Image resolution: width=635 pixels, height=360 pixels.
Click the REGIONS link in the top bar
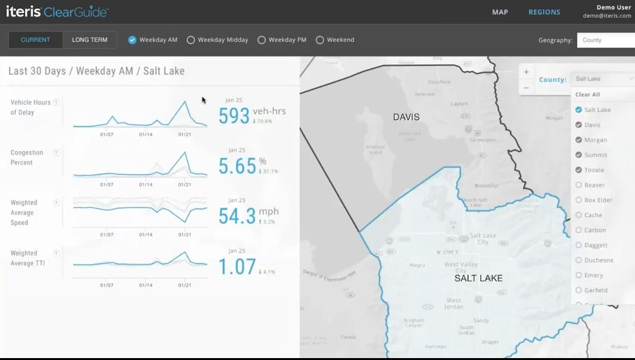[x=544, y=12]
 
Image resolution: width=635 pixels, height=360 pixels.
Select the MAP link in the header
[x=500, y=12]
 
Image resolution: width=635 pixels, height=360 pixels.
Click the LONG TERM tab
[x=90, y=40]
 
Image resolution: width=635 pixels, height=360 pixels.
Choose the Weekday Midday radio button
[x=190, y=40]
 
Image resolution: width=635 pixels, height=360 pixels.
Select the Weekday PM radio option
[x=262, y=40]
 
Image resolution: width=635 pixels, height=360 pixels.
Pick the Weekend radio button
[x=320, y=40]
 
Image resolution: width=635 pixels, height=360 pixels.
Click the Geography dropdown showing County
[x=605, y=40]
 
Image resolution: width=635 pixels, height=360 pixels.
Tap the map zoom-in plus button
[x=526, y=72]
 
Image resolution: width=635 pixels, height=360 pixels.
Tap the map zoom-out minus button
[x=526, y=88]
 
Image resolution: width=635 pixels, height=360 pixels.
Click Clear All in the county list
[x=587, y=95]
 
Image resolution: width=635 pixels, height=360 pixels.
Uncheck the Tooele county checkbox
[x=578, y=170]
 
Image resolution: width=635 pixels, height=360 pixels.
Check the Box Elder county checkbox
[x=578, y=200]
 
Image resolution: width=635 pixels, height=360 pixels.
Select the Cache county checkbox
[x=578, y=215]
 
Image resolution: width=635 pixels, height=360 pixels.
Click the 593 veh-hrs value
[x=234, y=116]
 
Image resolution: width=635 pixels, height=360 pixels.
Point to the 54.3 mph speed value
[x=237, y=216]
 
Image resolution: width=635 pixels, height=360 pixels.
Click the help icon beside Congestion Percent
[x=57, y=152]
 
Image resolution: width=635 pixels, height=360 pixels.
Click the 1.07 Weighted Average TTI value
[x=237, y=267]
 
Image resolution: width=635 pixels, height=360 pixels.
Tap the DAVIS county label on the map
[x=406, y=117]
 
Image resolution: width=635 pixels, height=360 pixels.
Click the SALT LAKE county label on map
[x=478, y=278]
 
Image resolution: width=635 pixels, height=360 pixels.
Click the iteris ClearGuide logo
[x=57, y=12]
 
